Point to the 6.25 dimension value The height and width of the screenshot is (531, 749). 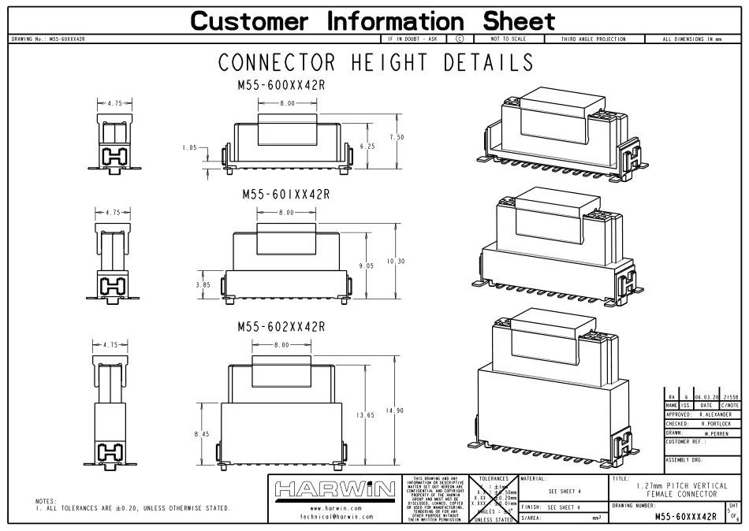tap(367, 147)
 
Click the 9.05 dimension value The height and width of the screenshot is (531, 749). tap(367, 266)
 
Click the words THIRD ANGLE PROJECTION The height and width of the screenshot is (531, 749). tap(592, 38)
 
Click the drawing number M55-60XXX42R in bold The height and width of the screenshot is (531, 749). tap(685, 516)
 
